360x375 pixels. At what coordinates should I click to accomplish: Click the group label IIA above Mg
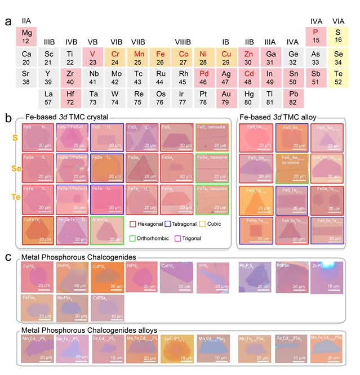coord(26,21)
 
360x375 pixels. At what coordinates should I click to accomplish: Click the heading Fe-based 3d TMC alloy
coord(278,118)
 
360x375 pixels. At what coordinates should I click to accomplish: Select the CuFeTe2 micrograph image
coord(38,231)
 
